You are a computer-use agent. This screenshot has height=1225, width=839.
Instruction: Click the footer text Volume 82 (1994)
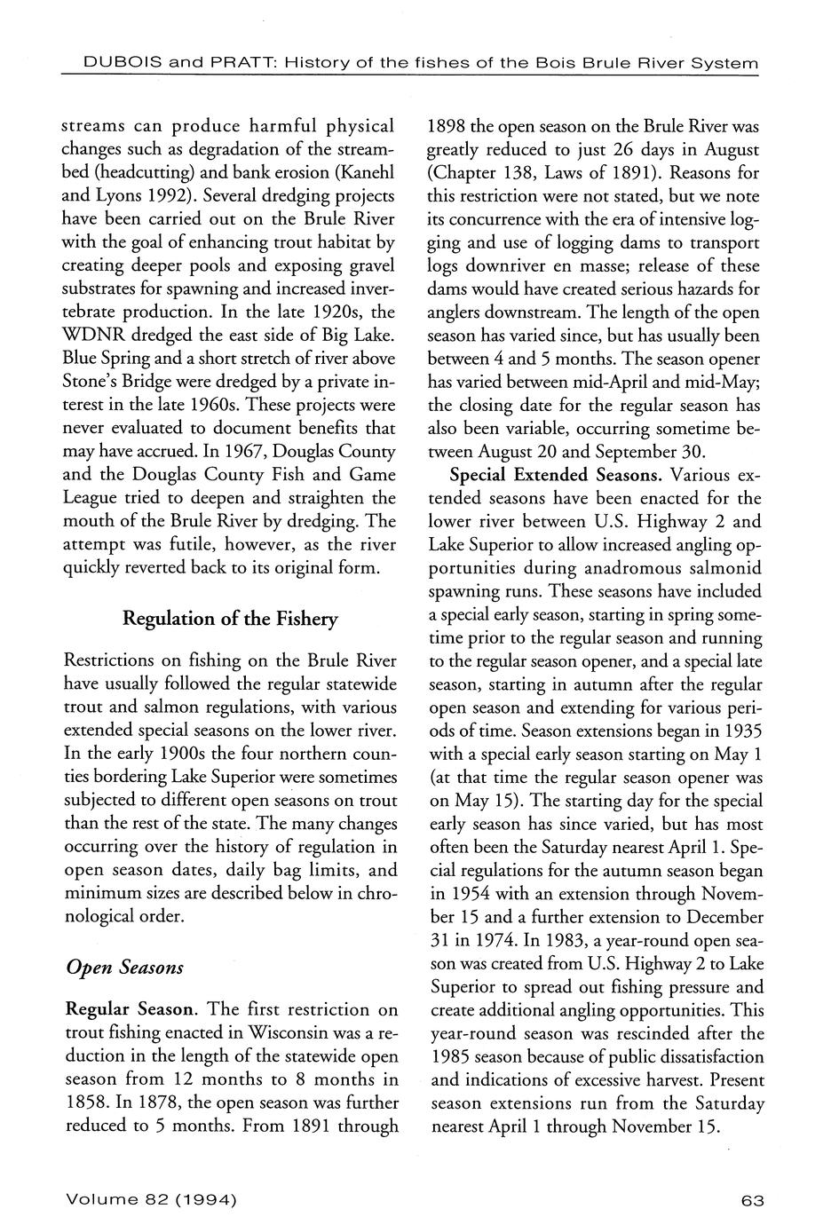coord(150,1200)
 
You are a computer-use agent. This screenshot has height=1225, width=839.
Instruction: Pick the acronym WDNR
coord(94,336)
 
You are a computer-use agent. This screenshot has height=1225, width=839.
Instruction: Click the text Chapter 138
coord(480,171)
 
